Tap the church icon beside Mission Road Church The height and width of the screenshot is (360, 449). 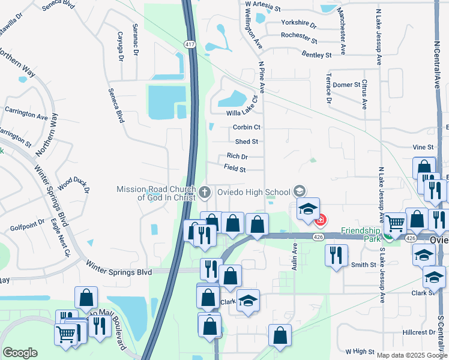(x=205, y=192)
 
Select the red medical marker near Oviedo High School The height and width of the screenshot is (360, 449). (x=321, y=220)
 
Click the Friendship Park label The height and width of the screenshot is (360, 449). (x=361, y=230)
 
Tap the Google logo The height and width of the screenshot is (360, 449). (x=20, y=353)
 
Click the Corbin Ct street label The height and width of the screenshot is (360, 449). (x=246, y=127)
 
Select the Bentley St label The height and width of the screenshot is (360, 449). (x=316, y=55)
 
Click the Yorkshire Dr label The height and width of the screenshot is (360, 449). (x=298, y=23)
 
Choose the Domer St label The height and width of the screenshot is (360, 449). (x=346, y=85)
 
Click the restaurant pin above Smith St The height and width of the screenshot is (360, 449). (x=336, y=254)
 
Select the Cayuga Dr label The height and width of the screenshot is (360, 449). (x=120, y=47)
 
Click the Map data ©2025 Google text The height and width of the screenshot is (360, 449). (x=411, y=355)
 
